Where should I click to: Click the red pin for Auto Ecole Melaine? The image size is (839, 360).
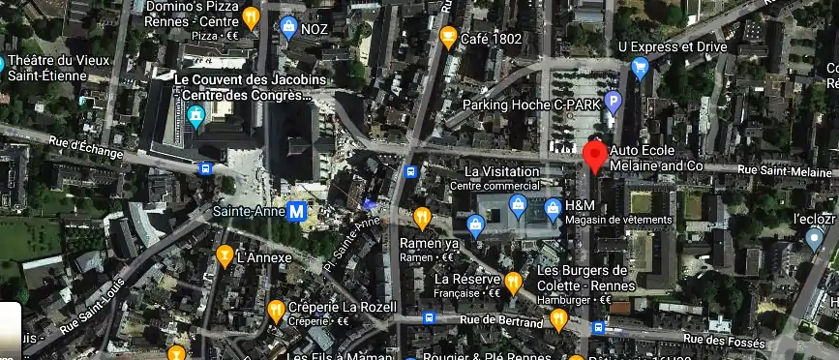click(x=594, y=156)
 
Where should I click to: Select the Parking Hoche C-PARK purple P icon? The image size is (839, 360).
click(x=612, y=102)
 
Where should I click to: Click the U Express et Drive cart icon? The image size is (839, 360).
click(x=639, y=67)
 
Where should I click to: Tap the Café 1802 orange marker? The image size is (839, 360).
click(x=448, y=38)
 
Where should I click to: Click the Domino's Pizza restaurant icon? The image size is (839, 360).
click(x=252, y=17)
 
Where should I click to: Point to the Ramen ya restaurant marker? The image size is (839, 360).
click(x=422, y=217)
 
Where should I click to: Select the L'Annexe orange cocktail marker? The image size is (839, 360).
click(x=225, y=256)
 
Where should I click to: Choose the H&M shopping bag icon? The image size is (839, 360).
click(x=552, y=206)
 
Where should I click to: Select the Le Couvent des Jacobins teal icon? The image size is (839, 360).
click(x=196, y=118)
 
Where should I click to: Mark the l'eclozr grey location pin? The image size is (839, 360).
click(x=815, y=237)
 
